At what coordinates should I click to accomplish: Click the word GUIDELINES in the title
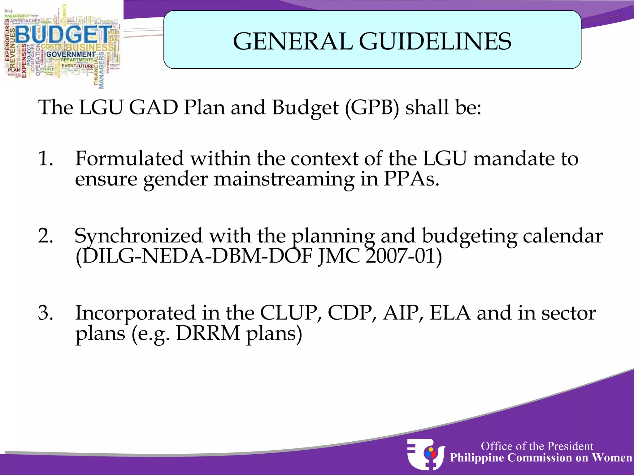tap(435, 41)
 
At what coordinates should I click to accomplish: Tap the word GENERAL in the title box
tap(293, 41)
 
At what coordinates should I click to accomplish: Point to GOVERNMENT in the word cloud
tap(71, 54)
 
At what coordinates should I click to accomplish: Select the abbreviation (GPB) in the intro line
tap(372, 108)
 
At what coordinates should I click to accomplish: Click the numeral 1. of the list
tap(46, 159)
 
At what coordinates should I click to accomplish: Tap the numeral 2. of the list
tap(46, 236)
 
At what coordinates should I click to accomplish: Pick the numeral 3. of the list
tap(46, 313)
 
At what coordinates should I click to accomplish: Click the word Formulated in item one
tap(129, 159)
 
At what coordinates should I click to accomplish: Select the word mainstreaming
tap(284, 179)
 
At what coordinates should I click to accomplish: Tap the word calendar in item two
tap(562, 236)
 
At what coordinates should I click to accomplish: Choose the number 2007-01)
tap(403, 256)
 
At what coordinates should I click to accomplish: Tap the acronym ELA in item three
tap(450, 313)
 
